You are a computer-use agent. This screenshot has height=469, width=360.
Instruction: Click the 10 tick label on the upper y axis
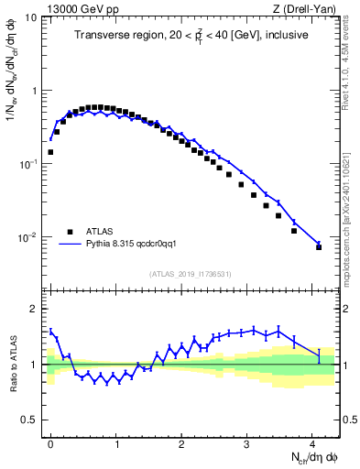coord(30,17)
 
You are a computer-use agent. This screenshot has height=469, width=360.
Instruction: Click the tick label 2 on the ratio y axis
coord(34,308)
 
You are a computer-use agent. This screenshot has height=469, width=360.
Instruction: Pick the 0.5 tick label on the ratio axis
coord(29,420)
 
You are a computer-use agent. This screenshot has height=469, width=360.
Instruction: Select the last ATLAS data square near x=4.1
coord(319,247)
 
